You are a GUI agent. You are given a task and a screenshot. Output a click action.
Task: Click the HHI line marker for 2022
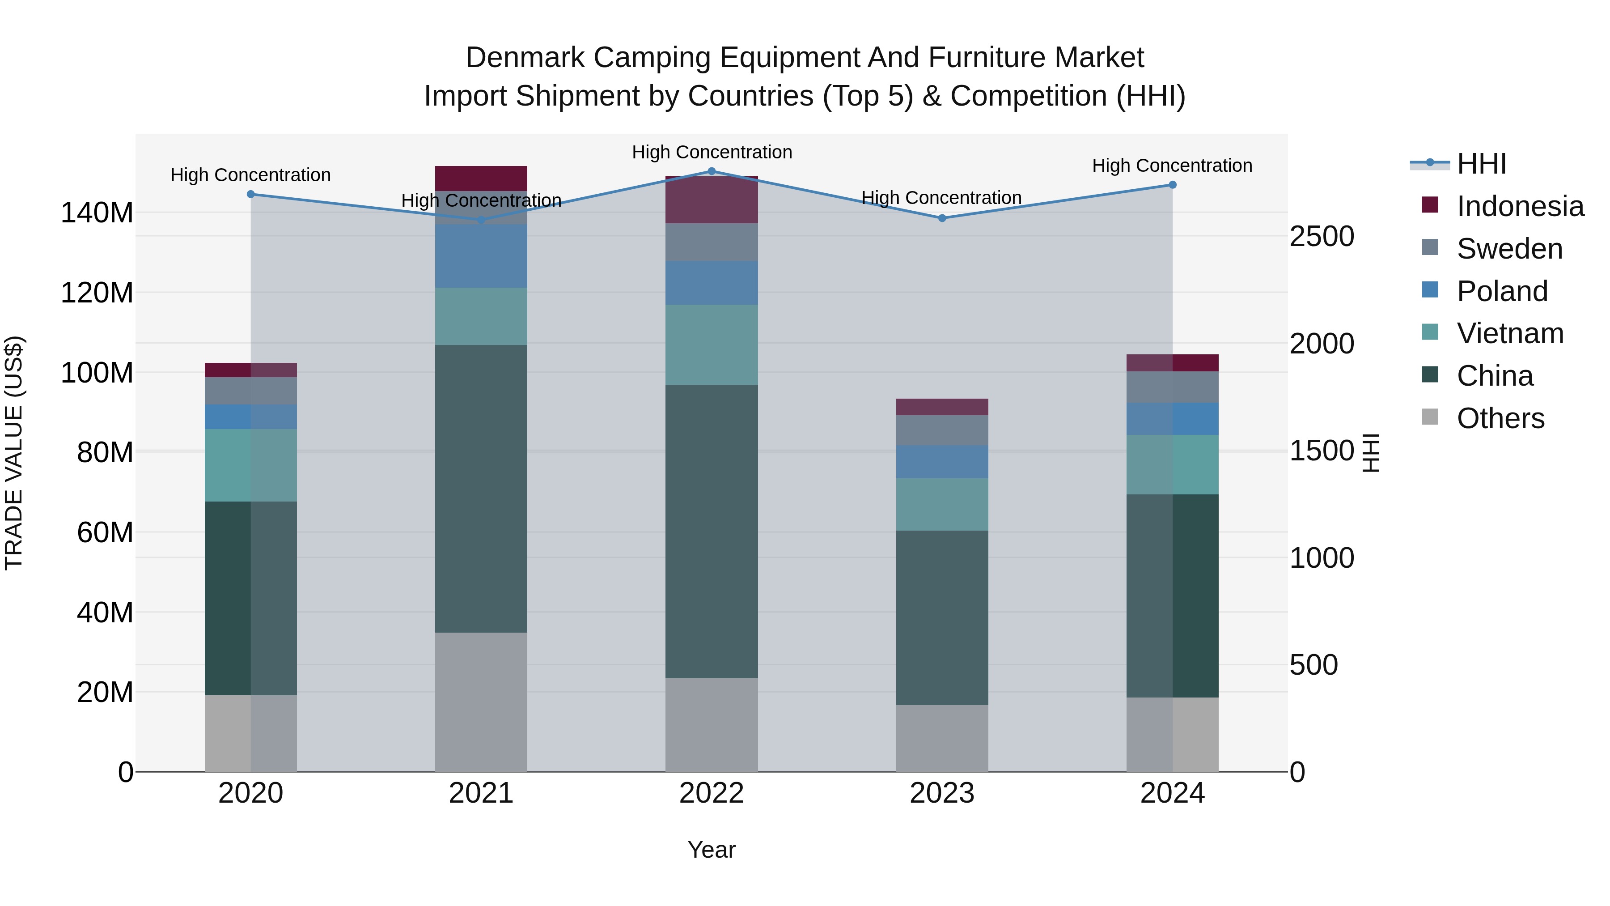click(x=711, y=171)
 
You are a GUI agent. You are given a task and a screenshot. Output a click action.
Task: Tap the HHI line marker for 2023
click(x=942, y=218)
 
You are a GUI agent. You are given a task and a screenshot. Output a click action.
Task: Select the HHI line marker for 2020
click(x=250, y=195)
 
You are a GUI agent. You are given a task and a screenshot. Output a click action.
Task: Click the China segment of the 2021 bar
click(x=481, y=488)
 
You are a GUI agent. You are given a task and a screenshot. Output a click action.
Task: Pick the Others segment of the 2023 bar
click(x=942, y=738)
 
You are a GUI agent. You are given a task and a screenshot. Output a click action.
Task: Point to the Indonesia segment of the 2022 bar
click(x=711, y=200)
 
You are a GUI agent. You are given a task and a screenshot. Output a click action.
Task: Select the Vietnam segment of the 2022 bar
click(x=711, y=345)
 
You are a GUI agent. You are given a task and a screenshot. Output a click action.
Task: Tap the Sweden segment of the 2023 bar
click(x=942, y=430)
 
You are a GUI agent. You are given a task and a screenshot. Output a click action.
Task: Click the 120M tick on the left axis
click(x=97, y=293)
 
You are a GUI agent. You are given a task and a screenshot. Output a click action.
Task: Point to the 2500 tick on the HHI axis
click(x=1322, y=236)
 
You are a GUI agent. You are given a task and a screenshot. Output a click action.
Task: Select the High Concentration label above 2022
click(x=711, y=152)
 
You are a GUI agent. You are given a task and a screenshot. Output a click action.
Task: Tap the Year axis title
click(x=711, y=850)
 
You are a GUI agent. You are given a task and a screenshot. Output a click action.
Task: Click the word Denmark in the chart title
click(x=525, y=58)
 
